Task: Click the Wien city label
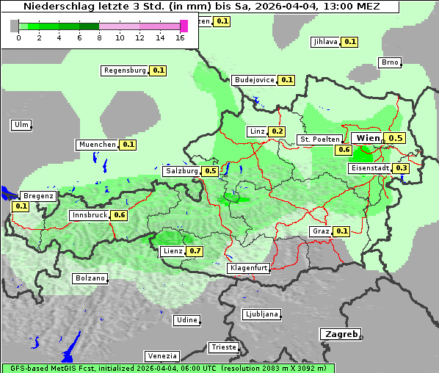pos(368,138)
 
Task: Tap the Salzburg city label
pos(181,171)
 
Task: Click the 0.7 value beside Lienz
pos(195,251)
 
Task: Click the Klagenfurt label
pos(248,268)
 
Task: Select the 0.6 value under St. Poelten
pos(344,150)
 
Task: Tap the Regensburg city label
pos(125,70)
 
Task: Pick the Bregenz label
pos(38,196)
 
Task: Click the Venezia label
pos(161,355)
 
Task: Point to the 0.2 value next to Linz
pos(277,131)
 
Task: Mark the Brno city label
pos(390,62)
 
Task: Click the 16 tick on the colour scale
pos(181,37)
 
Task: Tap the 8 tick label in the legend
pos(99,37)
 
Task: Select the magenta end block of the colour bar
pos(184,26)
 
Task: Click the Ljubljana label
pos(261,314)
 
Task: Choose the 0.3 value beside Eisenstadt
pos(401,168)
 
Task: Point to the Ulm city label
pos(21,125)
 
